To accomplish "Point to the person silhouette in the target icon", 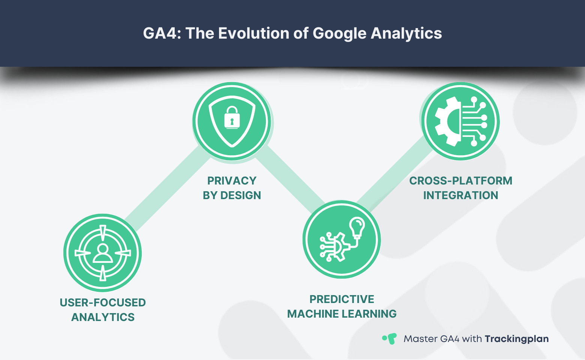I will point(102,253).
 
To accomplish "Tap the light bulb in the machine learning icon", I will point(357,226).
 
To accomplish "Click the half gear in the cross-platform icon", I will point(448,121).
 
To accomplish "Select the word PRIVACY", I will point(232,181).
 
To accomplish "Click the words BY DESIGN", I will point(232,195).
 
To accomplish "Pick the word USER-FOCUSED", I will point(102,303).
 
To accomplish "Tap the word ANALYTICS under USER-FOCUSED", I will point(102,317).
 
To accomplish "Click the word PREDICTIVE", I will point(342,299).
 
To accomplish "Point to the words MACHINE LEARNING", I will point(342,314).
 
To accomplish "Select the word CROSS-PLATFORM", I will point(460,181).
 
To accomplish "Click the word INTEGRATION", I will point(460,195).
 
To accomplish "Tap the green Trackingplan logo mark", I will point(390,339).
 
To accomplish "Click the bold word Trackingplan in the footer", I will point(516,339).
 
